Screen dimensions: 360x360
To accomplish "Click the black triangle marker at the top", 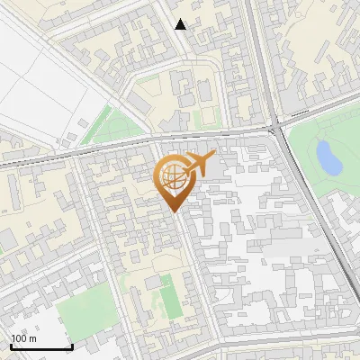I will point(181,24).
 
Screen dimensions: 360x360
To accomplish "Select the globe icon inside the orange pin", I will point(173,175).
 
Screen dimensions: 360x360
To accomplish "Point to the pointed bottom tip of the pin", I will point(173,211).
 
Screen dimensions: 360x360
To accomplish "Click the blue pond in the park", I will point(328,158).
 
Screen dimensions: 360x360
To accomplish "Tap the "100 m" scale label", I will point(24,338).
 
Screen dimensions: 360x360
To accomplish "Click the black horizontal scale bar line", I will point(41,346).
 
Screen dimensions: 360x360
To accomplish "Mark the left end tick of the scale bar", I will point(11,345).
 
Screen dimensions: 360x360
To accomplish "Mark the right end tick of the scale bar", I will point(72,345).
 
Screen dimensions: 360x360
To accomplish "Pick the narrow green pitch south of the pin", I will point(168,297).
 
